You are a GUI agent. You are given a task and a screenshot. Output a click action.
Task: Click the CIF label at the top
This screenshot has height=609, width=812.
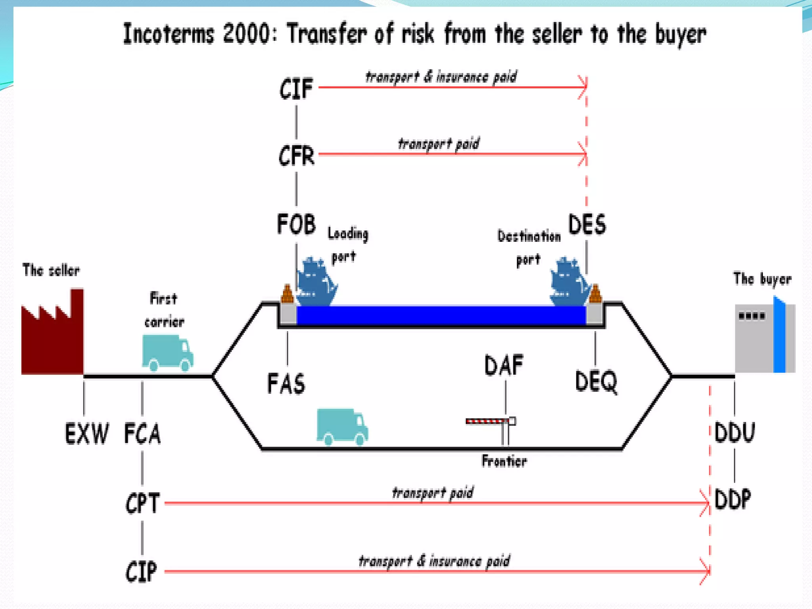click(x=296, y=88)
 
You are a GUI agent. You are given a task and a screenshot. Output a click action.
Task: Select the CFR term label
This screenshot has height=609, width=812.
click(x=296, y=155)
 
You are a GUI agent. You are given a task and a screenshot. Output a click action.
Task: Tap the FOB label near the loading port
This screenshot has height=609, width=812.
click(x=296, y=224)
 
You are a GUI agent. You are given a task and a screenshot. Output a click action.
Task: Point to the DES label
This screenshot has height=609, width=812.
click(x=587, y=224)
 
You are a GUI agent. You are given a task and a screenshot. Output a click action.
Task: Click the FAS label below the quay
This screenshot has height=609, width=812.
click(x=286, y=384)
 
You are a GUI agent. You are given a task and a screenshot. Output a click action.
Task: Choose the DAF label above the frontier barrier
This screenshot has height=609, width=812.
click(x=504, y=365)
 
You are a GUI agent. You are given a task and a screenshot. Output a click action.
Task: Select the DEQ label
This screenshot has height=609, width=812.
click(x=596, y=381)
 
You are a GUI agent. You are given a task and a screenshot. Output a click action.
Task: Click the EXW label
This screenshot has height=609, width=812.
click(x=86, y=433)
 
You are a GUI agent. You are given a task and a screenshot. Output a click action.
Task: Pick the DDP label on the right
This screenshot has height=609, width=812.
click(x=733, y=499)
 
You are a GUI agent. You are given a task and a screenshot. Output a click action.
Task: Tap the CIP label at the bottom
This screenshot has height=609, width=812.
click(x=141, y=572)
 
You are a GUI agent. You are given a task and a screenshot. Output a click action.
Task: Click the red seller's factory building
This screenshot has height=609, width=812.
click(x=53, y=337)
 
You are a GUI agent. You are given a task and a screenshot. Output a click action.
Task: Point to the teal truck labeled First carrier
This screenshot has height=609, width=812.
click(x=167, y=353)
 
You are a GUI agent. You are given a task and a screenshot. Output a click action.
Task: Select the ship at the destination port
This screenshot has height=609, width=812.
click(x=569, y=282)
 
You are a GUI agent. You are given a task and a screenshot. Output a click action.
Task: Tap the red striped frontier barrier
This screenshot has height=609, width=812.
click(x=488, y=421)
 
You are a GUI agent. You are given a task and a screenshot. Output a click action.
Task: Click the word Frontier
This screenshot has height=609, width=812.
click(x=504, y=461)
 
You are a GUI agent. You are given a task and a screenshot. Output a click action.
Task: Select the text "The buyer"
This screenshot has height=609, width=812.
click(x=762, y=279)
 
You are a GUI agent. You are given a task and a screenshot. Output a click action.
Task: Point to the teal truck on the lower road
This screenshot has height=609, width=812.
click(x=342, y=427)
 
